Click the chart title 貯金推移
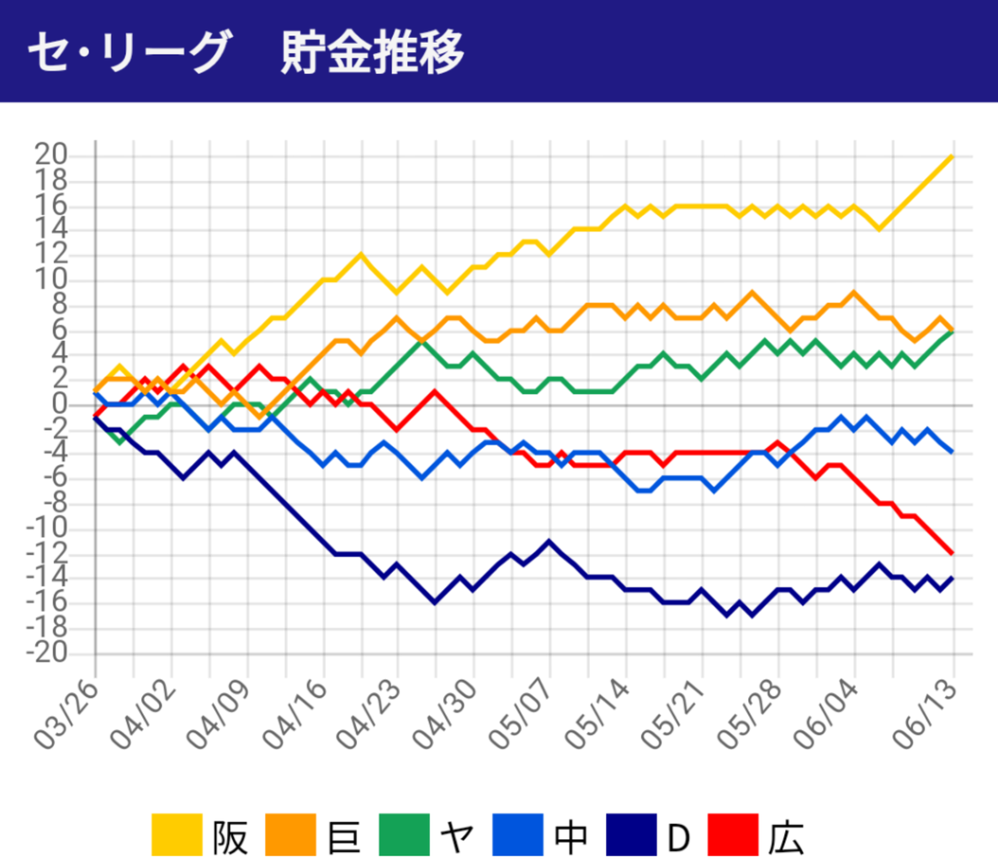tap(373, 52)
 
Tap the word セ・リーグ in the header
tap(127, 52)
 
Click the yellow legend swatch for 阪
tap(177, 834)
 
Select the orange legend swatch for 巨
tap(290, 834)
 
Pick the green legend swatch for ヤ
tap(405, 834)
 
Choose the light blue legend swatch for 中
tap(518, 834)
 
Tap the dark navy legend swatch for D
tap(631, 834)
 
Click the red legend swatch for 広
tap(733, 834)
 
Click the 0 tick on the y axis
tap(58, 404)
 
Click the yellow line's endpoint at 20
tap(952, 156)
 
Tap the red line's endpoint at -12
tap(952, 553)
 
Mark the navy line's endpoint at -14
tap(952, 577)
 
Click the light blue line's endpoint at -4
tap(952, 453)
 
